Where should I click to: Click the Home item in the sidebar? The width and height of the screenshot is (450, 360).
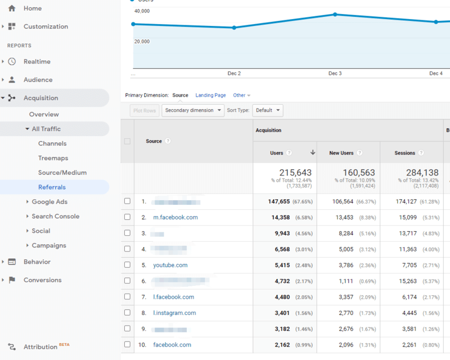(x=32, y=8)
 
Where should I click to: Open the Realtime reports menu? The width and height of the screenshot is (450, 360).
(x=37, y=61)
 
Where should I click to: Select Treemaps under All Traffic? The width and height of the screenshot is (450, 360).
(x=53, y=158)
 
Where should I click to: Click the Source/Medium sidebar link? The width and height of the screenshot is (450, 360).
(x=62, y=173)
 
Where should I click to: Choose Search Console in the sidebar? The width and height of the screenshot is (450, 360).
(x=55, y=216)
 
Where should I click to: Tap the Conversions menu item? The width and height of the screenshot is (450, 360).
(x=42, y=280)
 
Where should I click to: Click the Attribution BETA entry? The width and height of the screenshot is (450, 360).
(x=40, y=346)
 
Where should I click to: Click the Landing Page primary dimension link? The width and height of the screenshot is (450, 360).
(x=210, y=96)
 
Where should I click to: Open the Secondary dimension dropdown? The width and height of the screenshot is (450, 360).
(x=193, y=110)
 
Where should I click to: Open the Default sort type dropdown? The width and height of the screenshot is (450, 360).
(x=267, y=110)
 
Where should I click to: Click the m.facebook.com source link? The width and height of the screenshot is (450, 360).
(x=175, y=217)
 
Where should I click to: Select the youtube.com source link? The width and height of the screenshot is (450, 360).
(x=170, y=265)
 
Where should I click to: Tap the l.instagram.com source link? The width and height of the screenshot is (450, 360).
(x=174, y=313)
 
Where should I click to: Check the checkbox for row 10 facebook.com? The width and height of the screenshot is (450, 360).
(x=127, y=344)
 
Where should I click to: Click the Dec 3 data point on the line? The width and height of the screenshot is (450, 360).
(x=335, y=15)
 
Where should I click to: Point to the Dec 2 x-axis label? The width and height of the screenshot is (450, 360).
(x=234, y=74)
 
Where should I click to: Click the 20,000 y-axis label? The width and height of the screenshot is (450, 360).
(x=142, y=42)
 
